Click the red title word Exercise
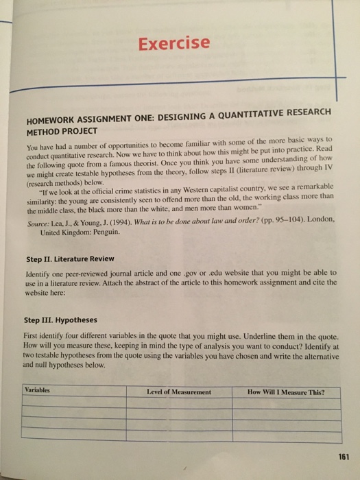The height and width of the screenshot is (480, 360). (x=173, y=43)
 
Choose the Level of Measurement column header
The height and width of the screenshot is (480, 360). (x=179, y=392)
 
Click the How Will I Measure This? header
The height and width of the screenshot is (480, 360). (x=285, y=393)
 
